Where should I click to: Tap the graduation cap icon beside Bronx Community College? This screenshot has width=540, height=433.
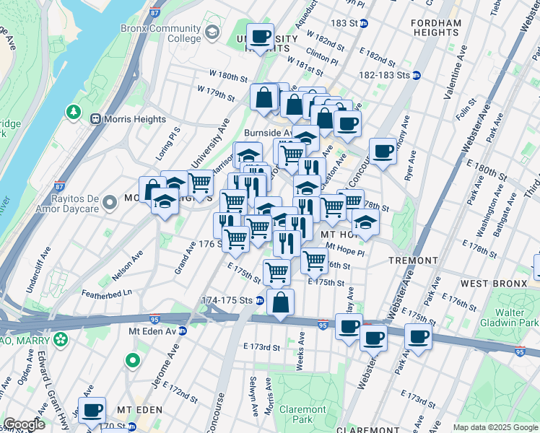coord(212,32)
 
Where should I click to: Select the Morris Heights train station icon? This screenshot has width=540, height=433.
coord(95,118)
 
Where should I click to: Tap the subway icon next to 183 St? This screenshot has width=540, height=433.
coord(365,23)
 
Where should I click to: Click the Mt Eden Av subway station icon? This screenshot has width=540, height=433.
coord(183,331)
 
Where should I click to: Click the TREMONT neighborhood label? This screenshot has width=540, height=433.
coord(413,260)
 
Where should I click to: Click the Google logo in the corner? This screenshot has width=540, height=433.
coord(24,424)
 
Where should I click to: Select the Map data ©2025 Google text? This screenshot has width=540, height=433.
coord(495,427)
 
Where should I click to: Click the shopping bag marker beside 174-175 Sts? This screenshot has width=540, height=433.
coord(280,302)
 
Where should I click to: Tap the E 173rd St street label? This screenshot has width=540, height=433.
coord(261,348)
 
